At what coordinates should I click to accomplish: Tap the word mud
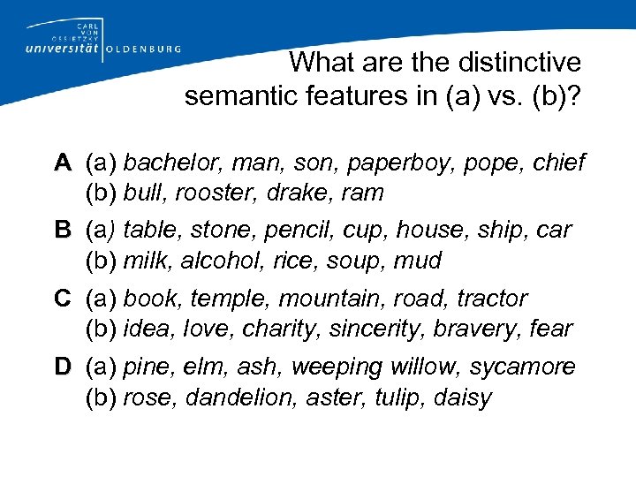(x=419, y=261)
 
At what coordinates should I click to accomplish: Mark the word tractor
(x=492, y=299)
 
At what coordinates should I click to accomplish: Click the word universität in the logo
(x=57, y=49)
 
